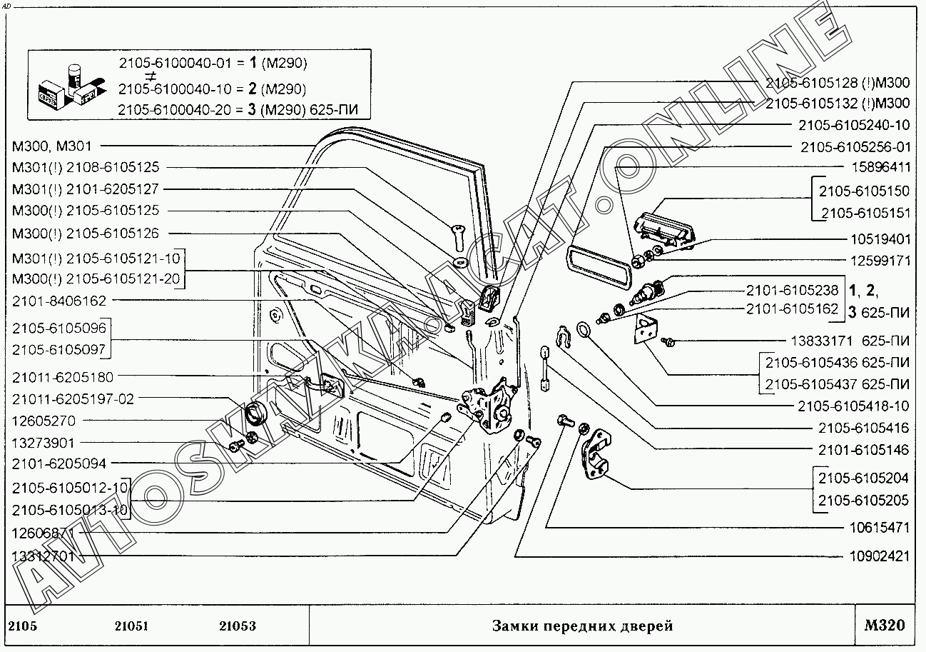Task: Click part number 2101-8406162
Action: click(x=58, y=301)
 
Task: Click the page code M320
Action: click(x=884, y=626)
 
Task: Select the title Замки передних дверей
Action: click(x=582, y=626)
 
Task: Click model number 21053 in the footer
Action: click(x=238, y=626)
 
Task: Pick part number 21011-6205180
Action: click(x=62, y=377)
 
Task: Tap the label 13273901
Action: click(x=43, y=443)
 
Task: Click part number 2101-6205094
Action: click(x=58, y=463)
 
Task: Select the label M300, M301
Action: click(x=51, y=146)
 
